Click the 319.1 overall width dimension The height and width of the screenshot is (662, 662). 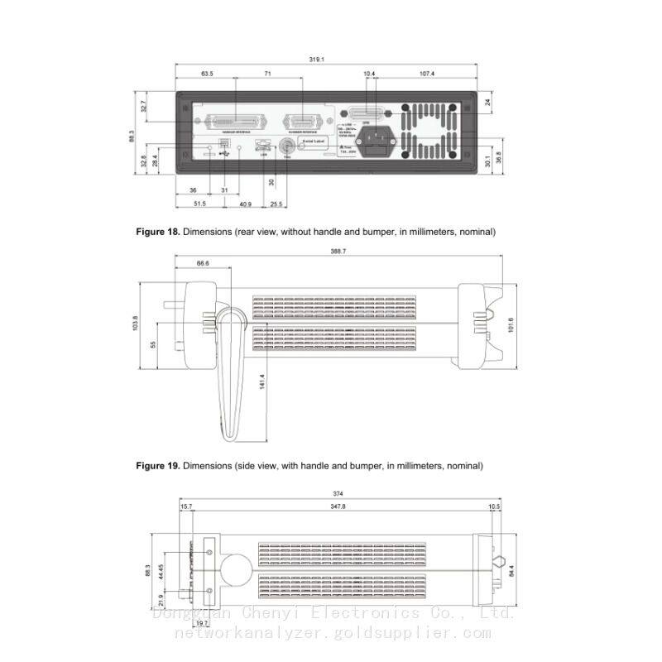click(316, 60)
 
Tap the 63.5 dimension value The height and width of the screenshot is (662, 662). click(207, 74)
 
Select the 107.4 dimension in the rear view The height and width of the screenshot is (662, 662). click(426, 74)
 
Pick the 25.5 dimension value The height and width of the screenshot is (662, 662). click(276, 204)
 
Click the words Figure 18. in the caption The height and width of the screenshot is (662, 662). click(157, 232)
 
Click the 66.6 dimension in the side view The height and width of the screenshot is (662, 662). click(203, 263)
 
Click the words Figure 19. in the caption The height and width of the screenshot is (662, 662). click(157, 466)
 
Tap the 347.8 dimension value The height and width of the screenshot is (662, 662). click(338, 506)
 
